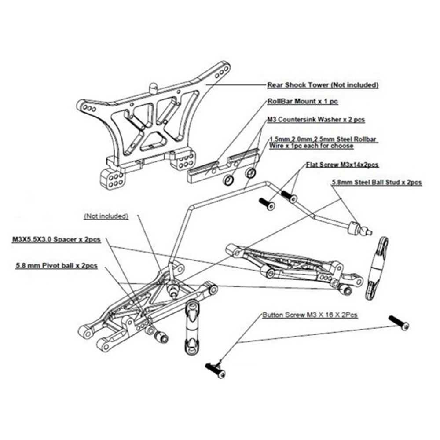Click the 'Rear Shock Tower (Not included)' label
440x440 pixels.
click(x=323, y=84)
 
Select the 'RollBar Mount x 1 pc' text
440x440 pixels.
click(x=302, y=101)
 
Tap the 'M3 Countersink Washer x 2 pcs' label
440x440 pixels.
click(x=315, y=119)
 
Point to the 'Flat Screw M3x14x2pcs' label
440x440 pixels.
click(x=342, y=165)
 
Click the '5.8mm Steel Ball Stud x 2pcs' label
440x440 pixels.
click(x=377, y=182)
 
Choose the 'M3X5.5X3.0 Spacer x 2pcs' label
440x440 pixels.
click(x=56, y=240)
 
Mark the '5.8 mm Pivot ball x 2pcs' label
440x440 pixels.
click(x=56, y=266)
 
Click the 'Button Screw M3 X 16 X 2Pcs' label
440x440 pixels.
click(x=310, y=315)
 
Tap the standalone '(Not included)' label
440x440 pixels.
click(x=106, y=216)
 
